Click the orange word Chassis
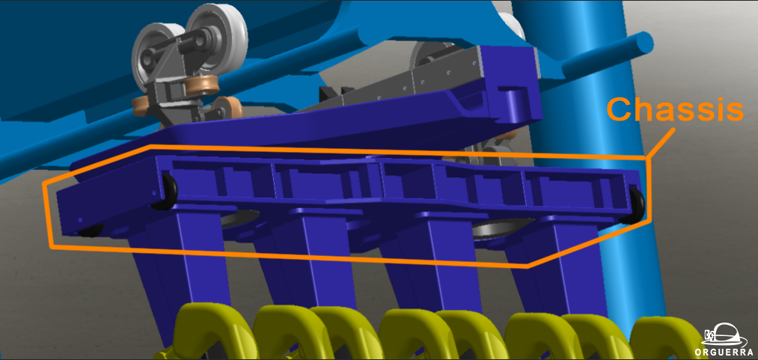pyautogui.click(x=676, y=109)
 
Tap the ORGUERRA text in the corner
pyautogui.click(x=723, y=352)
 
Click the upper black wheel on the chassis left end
pyautogui.click(x=167, y=192)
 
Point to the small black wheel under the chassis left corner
pyautogui.click(x=91, y=231)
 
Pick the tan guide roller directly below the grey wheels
pyautogui.click(x=202, y=85)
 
